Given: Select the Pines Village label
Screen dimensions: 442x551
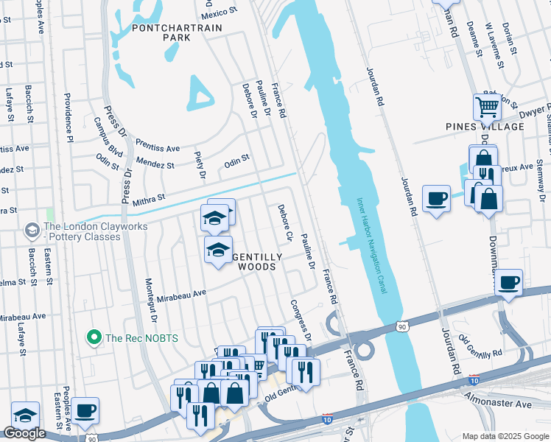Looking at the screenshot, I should (x=485, y=127).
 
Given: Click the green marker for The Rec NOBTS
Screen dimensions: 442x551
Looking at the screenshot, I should (x=94, y=338).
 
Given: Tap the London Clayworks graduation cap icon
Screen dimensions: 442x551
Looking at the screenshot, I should (x=32, y=231).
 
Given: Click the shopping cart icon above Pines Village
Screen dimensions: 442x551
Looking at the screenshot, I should (x=487, y=107).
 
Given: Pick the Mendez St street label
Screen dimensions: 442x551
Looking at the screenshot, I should (x=155, y=164).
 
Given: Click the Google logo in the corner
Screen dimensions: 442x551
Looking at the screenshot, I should (x=24, y=433).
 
